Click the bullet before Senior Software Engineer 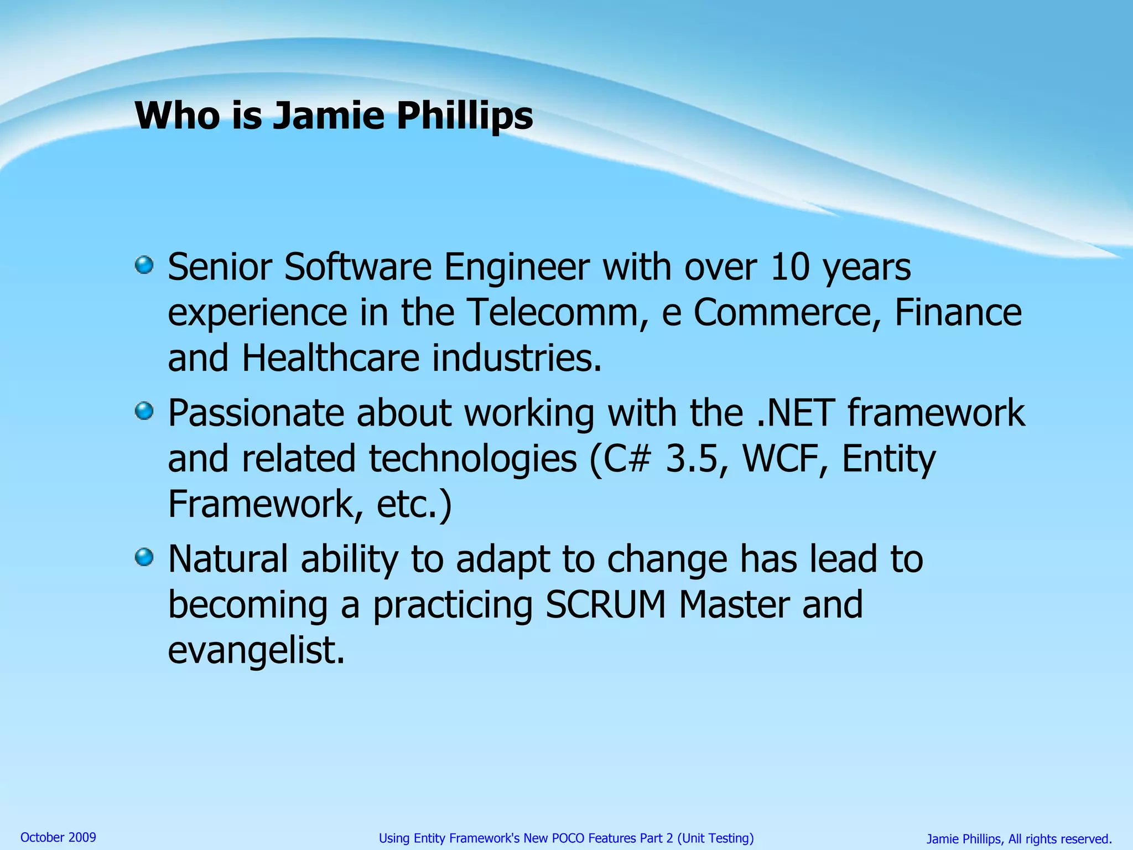coord(144,265)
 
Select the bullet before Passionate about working coord(144,411)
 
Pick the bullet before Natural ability coord(144,557)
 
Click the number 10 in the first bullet coord(790,267)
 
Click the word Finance coord(958,313)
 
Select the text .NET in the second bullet coord(795,413)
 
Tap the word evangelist coord(256,651)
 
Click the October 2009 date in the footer coord(58,837)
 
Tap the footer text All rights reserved coord(1059,839)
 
